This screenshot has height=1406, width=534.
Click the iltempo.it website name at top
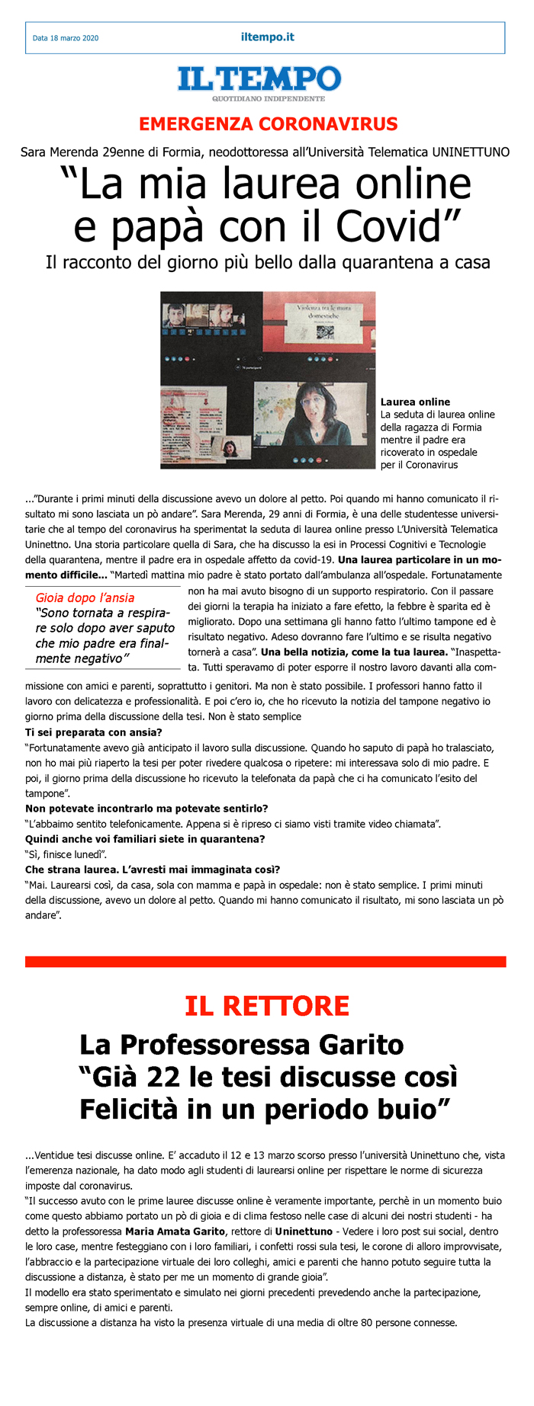(x=267, y=37)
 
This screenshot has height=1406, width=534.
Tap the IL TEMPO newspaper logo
(x=259, y=79)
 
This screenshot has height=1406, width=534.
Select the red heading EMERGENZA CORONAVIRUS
(x=268, y=124)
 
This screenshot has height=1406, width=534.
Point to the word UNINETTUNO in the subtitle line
(x=470, y=152)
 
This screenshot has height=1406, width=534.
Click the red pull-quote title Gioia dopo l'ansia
(x=85, y=597)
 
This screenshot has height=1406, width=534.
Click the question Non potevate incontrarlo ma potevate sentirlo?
(x=146, y=809)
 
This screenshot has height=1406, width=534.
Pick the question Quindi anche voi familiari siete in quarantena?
(x=145, y=839)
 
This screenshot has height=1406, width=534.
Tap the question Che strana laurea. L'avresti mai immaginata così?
(x=153, y=870)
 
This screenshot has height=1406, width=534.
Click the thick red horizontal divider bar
(x=265, y=962)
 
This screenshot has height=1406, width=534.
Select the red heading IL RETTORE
(x=267, y=1006)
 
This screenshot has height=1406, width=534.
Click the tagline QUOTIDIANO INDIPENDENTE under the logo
(x=269, y=98)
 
